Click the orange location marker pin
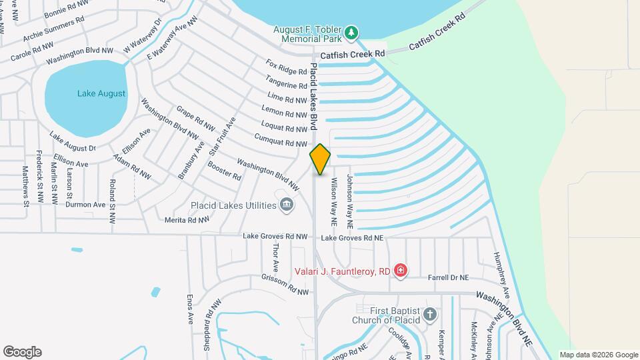[x=320, y=159]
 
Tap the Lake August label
[x=101, y=94]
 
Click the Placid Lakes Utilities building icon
[x=287, y=205]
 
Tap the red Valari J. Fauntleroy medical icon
[x=400, y=271]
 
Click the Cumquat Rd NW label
[x=281, y=140]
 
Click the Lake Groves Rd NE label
[x=352, y=238]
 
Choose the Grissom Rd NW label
[x=285, y=285]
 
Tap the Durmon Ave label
[x=85, y=205]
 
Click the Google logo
[x=22, y=351]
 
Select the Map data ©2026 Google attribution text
[x=598, y=355]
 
